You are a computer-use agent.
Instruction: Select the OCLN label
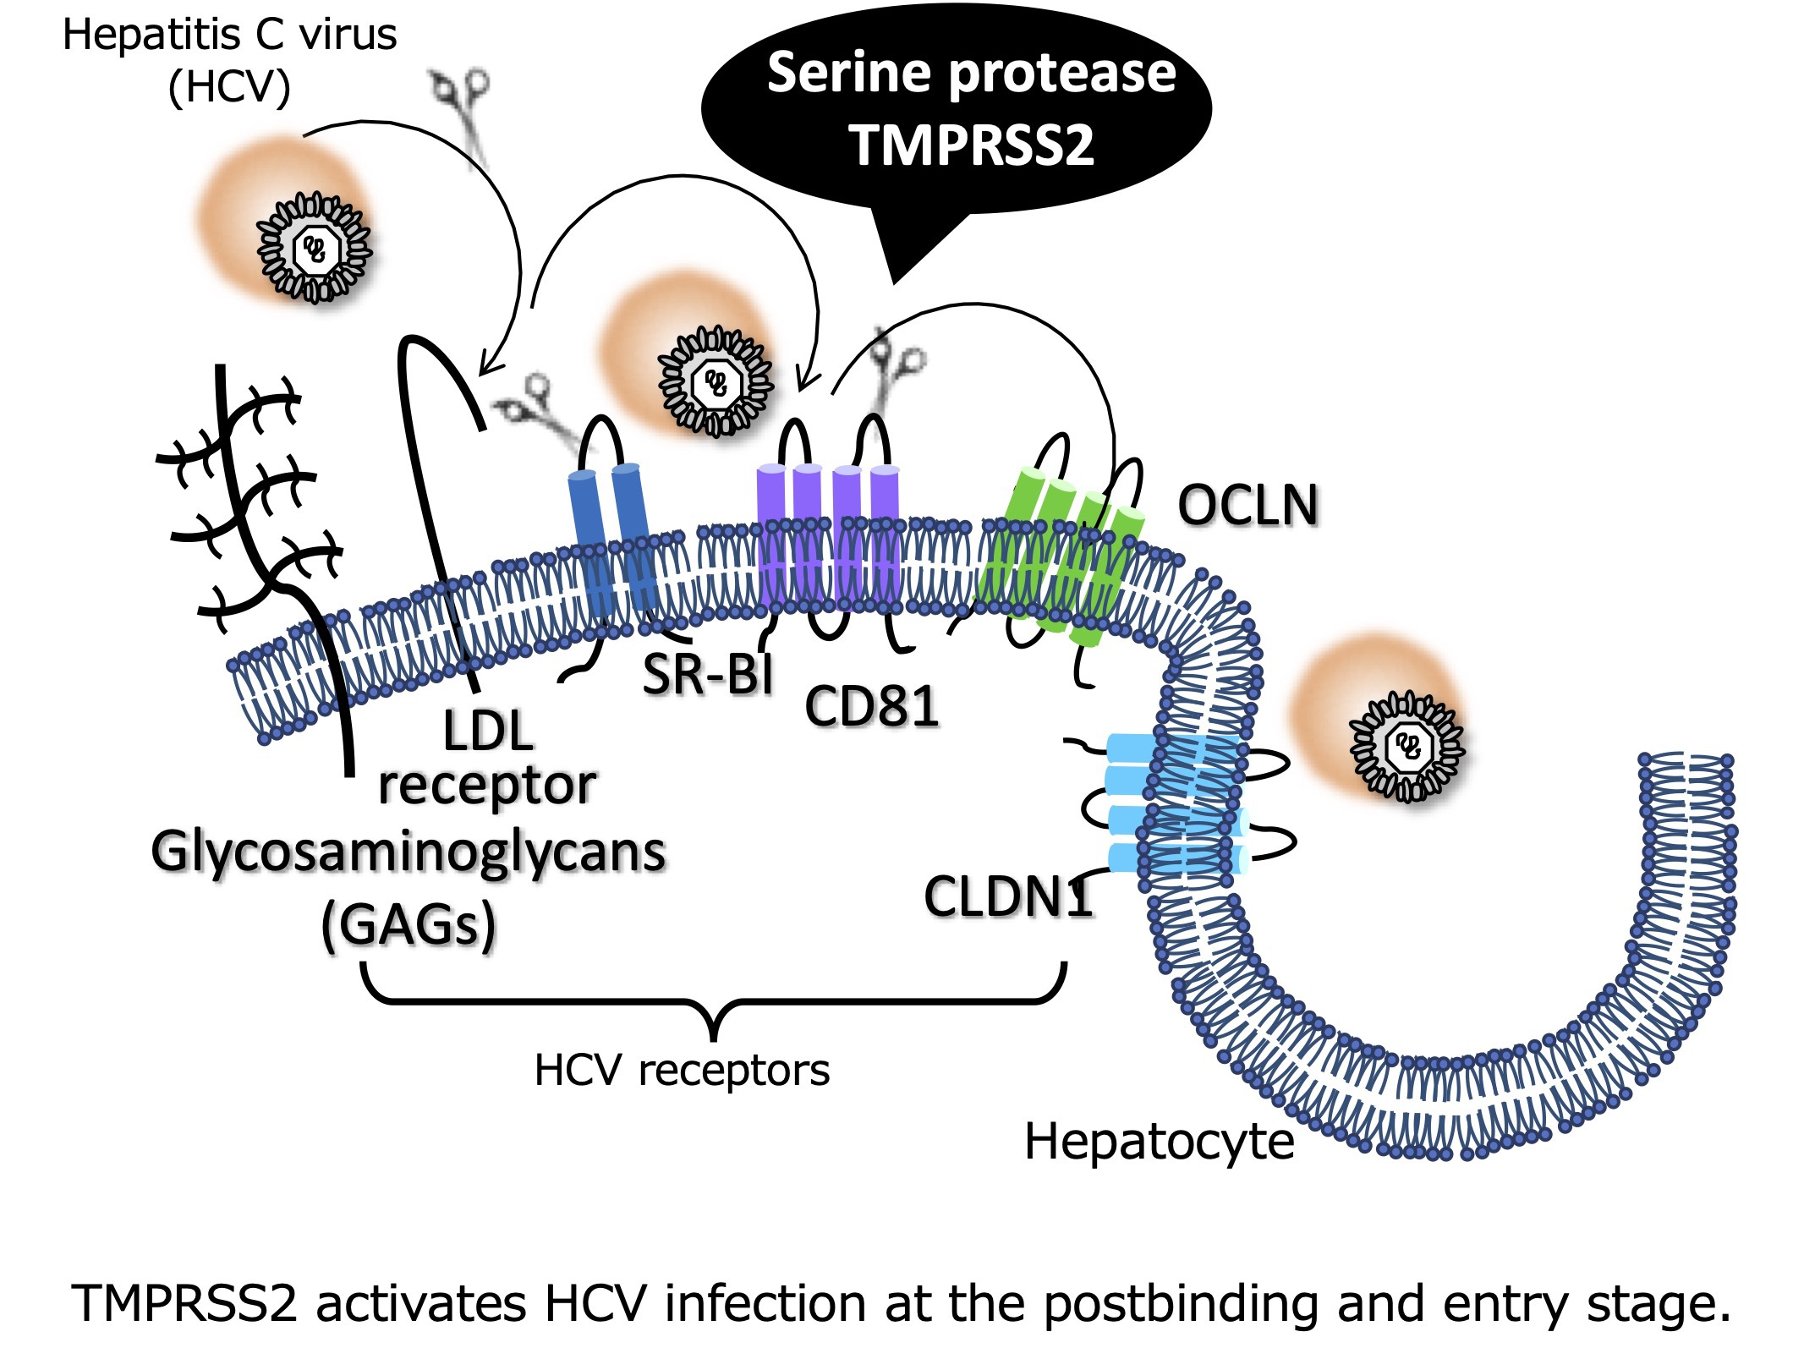[1248, 506]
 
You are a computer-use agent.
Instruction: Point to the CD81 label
[872, 706]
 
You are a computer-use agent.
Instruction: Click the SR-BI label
[708, 674]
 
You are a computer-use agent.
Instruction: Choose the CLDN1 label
[1008, 896]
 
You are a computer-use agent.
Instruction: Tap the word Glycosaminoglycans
[409, 852]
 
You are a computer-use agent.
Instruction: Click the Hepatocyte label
[1159, 1142]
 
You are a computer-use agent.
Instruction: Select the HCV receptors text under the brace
[682, 1071]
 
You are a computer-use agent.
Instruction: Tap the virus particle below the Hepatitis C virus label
[314, 247]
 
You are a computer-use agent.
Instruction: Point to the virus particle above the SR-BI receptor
[716, 381]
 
